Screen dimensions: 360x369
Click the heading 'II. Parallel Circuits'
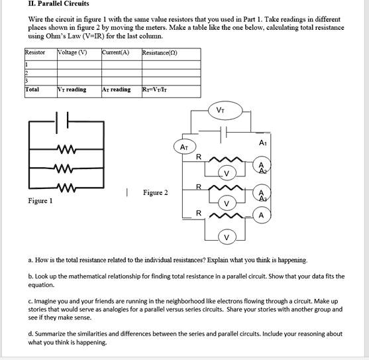59,4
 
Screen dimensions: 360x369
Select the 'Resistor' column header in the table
35,52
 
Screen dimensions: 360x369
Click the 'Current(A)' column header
115,52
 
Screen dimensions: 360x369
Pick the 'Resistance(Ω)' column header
159,52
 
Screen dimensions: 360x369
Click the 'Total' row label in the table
32,89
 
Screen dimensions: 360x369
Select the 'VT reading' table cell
72,89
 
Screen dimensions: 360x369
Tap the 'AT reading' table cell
117,89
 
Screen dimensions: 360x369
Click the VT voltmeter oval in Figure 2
220,110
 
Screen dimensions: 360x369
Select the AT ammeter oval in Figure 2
185,147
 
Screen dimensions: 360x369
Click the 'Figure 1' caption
40,200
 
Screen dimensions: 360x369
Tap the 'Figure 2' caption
155,193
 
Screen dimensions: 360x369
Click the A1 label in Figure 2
263,143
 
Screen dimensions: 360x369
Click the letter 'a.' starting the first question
30,261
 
